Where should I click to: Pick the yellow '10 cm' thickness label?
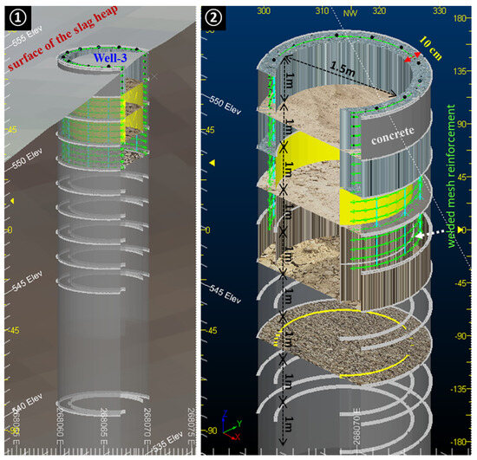435,40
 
